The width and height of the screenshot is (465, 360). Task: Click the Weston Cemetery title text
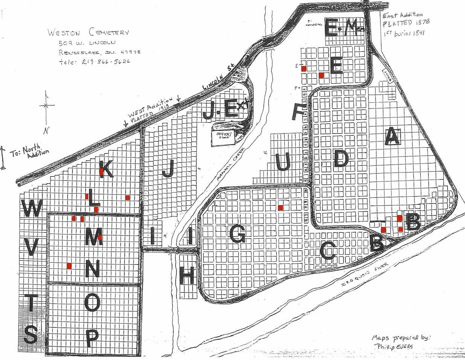tap(88, 32)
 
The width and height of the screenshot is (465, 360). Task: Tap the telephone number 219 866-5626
tap(95, 61)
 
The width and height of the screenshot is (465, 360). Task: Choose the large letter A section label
tap(392, 136)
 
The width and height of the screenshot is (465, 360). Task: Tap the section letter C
tap(328, 251)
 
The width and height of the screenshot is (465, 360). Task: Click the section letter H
tap(187, 277)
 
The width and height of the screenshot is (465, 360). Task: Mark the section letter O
tap(93, 303)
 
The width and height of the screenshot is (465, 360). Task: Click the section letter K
tap(106, 170)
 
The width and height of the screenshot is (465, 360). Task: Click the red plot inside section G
tap(281, 207)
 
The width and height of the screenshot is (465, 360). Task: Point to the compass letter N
tap(46, 131)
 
